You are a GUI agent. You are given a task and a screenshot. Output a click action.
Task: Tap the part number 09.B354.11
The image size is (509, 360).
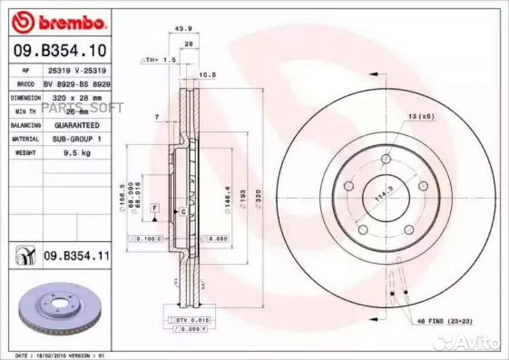(76, 255)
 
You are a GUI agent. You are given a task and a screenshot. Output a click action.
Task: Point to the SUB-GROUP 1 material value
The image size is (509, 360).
(74, 139)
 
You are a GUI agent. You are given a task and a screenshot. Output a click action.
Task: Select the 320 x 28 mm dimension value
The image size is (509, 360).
(74, 98)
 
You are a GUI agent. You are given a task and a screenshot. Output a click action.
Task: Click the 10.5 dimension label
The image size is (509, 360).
(207, 74)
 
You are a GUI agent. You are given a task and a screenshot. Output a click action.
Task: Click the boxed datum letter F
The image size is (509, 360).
(153, 207)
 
